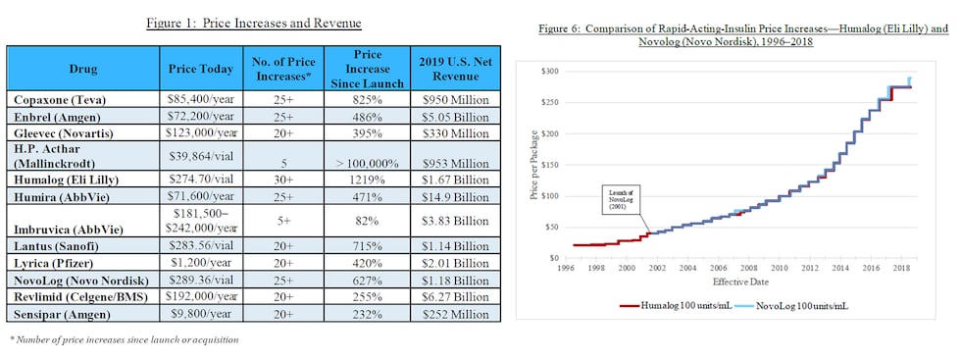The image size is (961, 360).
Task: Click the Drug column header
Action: [82, 70]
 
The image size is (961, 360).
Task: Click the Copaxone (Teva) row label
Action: [61, 100]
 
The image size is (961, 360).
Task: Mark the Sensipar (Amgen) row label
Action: [61, 315]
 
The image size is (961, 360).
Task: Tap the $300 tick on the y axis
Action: [550, 72]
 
